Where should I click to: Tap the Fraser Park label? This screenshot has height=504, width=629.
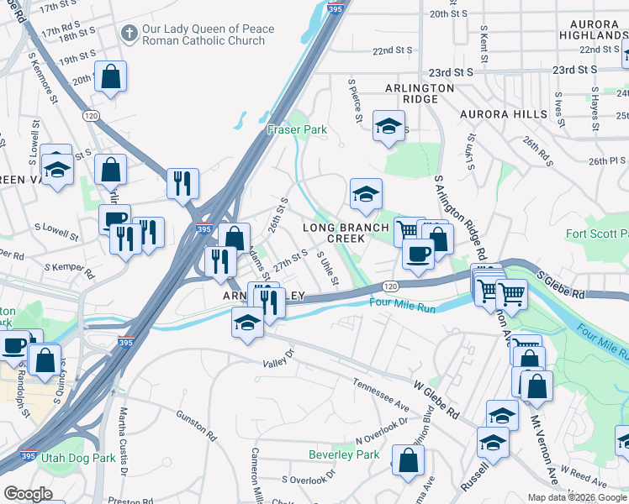coord(296,130)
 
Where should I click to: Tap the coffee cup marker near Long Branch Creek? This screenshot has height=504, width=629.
coord(418,254)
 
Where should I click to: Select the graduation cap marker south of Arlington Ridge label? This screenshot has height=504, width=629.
coord(388,127)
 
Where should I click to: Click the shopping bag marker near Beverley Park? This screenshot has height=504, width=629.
coord(409,461)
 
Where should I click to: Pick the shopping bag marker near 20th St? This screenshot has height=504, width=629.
coord(111,77)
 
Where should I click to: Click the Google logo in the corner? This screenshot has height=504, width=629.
coord(28,494)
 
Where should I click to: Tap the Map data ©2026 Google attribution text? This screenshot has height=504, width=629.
coord(577,497)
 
